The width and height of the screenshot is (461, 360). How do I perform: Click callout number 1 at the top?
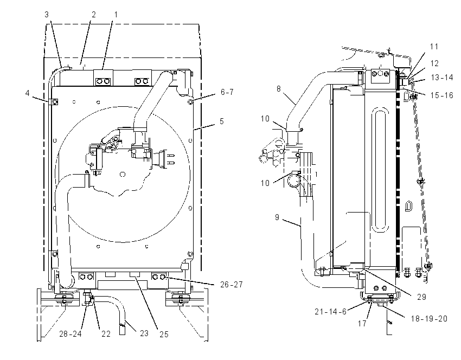(x=116, y=15)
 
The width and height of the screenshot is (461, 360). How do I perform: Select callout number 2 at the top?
(x=94, y=15)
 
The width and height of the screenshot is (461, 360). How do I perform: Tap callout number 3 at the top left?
(x=47, y=15)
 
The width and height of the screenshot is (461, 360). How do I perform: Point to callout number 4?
(x=27, y=93)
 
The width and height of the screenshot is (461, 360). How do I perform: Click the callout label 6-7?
(x=227, y=92)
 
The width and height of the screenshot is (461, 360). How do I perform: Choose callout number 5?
(x=222, y=121)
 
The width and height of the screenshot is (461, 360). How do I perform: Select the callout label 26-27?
(x=232, y=285)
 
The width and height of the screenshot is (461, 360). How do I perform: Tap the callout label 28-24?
(x=71, y=334)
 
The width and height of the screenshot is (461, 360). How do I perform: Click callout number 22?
(x=106, y=334)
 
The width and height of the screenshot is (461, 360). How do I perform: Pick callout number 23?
(x=144, y=333)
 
